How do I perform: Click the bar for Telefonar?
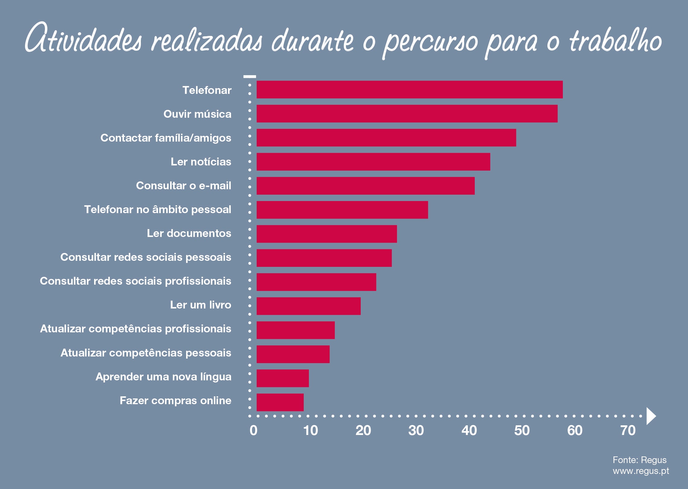coord(409,90)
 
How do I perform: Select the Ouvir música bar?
coord(407,113)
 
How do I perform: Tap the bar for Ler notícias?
coord(373,161)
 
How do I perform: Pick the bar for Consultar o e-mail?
coord(365,186)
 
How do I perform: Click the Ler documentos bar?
coord(327,234)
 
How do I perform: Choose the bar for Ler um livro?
coord(309,306)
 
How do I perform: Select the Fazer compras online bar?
coord(280,402)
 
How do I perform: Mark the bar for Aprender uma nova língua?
coord(283,378)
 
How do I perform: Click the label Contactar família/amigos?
coord(166,138)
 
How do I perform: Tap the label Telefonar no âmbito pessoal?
coord(157,209)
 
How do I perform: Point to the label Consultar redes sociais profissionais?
coord(135,281)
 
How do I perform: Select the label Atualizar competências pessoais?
coord(146,353)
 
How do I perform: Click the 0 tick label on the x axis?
coord(253,431)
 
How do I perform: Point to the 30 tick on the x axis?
coord(416,431)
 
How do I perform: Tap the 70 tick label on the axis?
coord(628,431)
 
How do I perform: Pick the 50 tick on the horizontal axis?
coord(522,431)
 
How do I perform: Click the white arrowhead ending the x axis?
coord(651,416)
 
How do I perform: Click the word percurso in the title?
coord(430,42)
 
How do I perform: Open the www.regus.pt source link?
coord(641,471)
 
